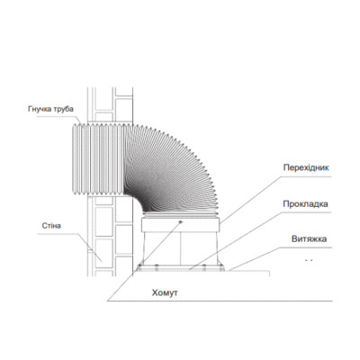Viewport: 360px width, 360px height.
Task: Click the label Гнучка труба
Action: coord(50,109)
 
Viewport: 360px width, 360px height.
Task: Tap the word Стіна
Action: coord(51,225)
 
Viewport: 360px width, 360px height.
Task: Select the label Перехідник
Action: coord(306,167)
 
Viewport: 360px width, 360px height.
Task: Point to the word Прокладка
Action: coord(305,204)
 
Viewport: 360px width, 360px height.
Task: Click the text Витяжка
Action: coord(309,239)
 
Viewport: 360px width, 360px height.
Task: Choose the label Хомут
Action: coord(165,292)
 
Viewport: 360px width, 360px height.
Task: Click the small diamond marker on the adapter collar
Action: coord(180,221)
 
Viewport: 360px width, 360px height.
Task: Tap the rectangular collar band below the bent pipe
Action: coord(181,225)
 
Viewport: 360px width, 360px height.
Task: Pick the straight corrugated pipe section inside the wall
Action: coord(98,159)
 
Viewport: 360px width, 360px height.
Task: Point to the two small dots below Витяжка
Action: coord(309,260)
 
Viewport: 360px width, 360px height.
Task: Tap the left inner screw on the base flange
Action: coord(157,267)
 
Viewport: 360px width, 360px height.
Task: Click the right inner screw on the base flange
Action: coord(204,267)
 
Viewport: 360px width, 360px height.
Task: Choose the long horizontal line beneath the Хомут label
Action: coord(220,301)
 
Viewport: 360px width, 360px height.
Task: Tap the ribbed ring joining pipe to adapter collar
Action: coord(181,216)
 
